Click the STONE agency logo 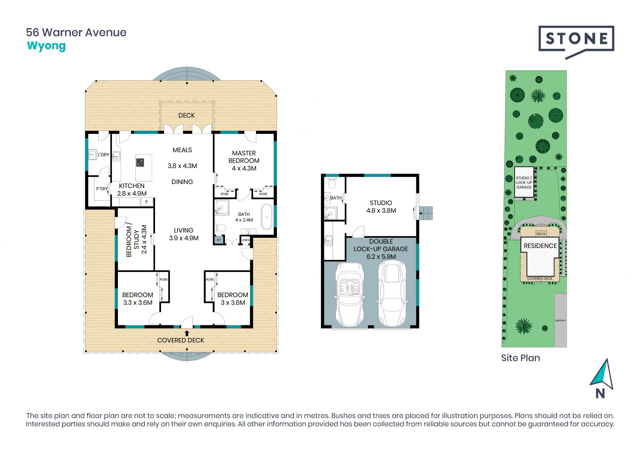coord(576,42)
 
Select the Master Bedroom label coord(244,161)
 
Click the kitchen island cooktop coord(140,163)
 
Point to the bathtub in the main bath coord(267,217)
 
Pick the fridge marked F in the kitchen coord(147,202)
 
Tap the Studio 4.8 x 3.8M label coord(381,207)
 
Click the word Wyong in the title coord(46,46)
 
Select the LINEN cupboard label coord(245,240)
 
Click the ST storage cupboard coord(219,240)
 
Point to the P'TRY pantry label coord(102,189)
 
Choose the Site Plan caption coord(520,358)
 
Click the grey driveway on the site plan coord(561,320)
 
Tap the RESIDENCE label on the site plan coord(540,246)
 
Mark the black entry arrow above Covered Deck coord(187,333)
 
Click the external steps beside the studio coord(426,213)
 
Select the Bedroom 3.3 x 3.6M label coord(138,299)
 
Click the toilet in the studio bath coord(332,183)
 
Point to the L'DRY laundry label coord(103,155)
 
